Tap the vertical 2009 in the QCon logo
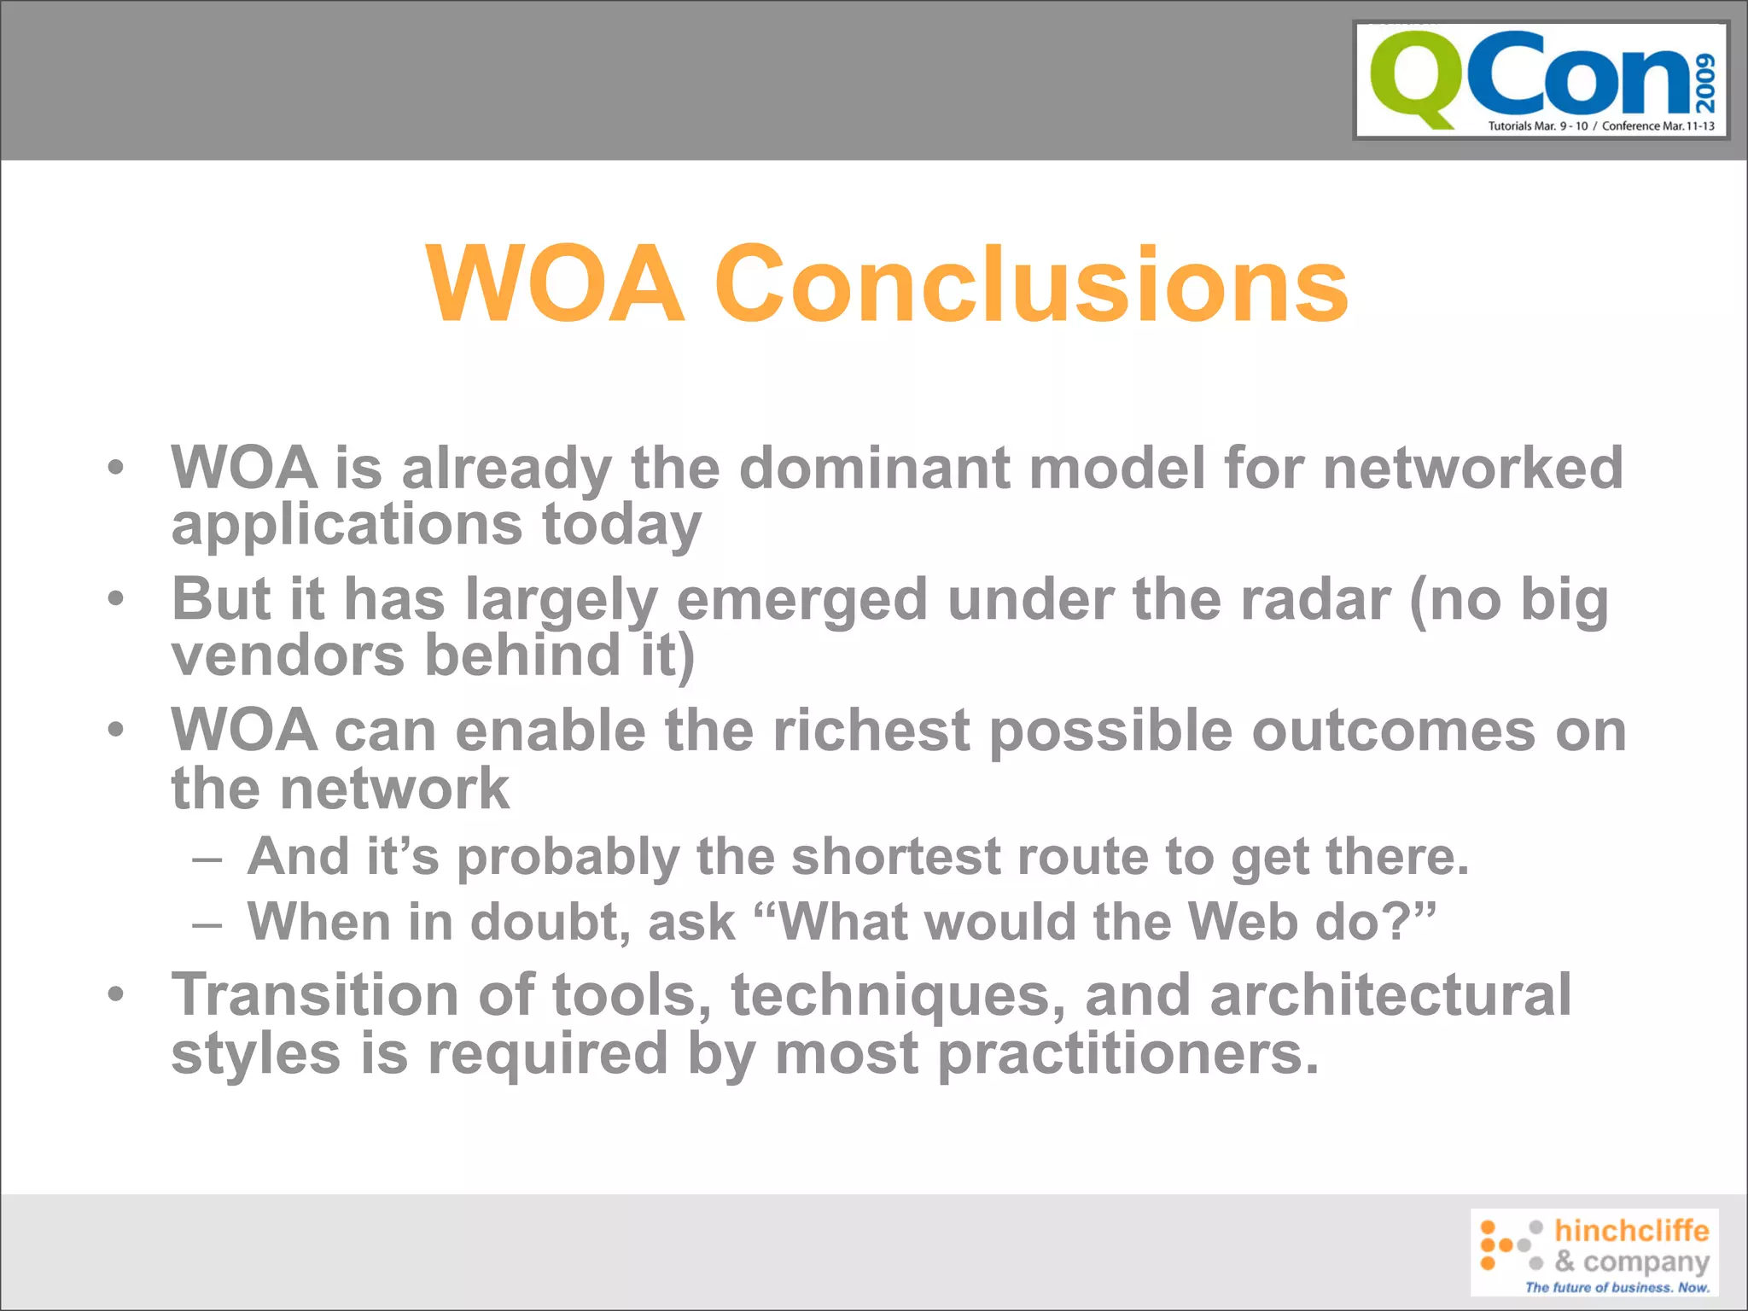(1705, 83)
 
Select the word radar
(1314, 599)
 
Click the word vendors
(288, 655)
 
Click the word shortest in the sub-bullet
(896, 856)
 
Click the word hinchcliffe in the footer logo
(1631, 1231)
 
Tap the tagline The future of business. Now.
(1617, 1287)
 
